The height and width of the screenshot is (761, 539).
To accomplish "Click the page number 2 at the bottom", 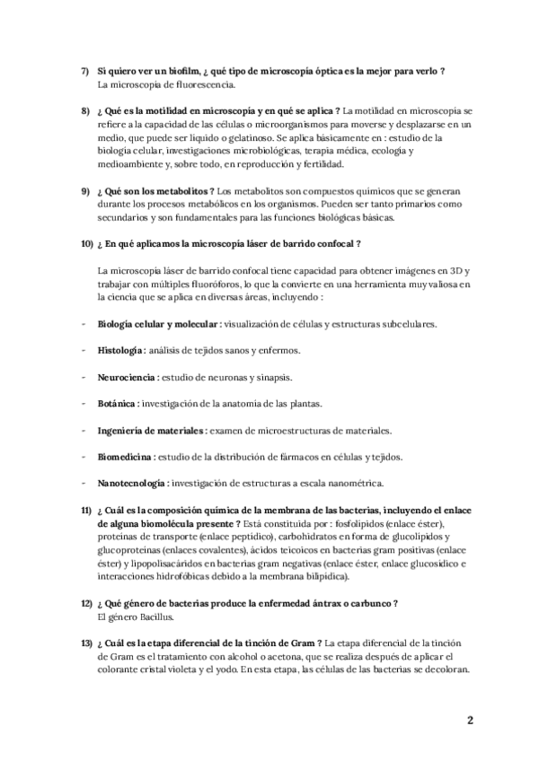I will tap(469, 720).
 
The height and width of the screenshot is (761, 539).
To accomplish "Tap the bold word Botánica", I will tap(118, 404).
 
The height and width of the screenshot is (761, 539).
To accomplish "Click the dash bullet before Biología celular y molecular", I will tap(84, 322).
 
